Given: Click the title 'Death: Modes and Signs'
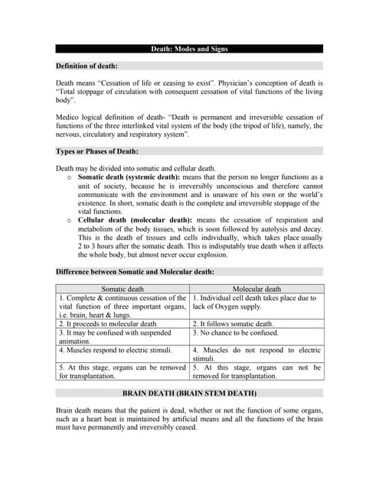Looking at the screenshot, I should pos(189,49).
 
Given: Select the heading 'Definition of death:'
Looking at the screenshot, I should pos(87,66).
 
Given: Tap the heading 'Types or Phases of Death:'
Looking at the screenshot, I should pos(97,151).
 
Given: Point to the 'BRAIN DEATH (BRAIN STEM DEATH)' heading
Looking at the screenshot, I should pos(189,393).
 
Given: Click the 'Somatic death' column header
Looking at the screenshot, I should pos(123,289).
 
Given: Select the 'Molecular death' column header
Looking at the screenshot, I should pos(256,289).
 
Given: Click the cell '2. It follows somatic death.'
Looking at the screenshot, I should pos(233,324).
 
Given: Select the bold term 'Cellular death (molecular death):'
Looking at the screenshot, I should pos(136,220).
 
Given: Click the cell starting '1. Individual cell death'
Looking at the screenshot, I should pos(256,303).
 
